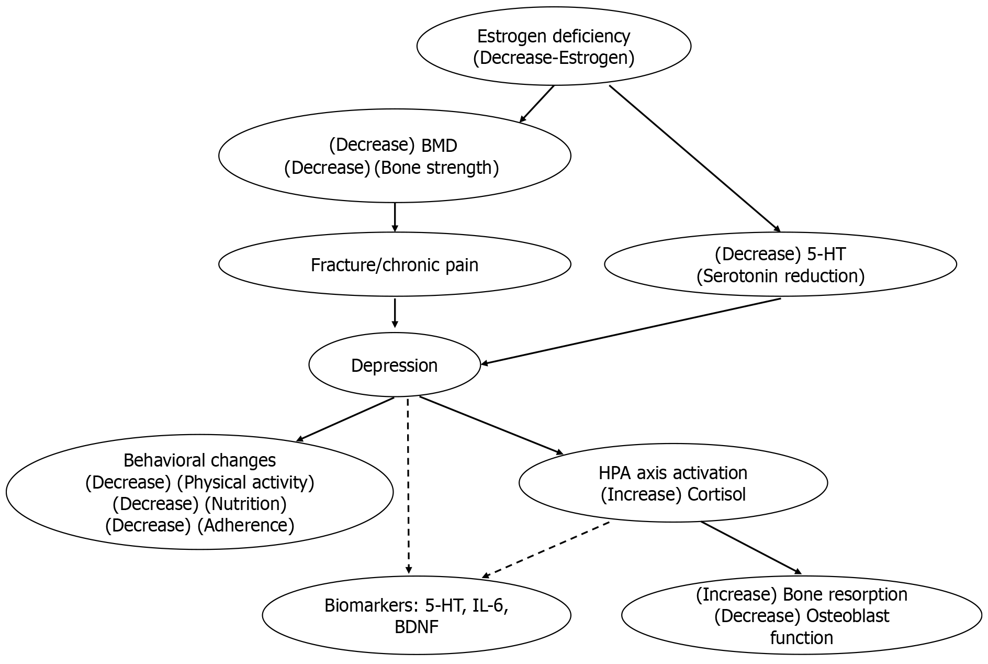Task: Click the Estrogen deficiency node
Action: [x=554, y=46]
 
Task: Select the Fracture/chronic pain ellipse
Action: [x=395, y=264]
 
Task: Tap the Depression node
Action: [x=395, y=365]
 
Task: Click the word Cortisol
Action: [x=717, y=494]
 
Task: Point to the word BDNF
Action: [x=417, y=627]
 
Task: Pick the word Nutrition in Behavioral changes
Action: [x=245, y=504]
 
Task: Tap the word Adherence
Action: [x=246, y=525]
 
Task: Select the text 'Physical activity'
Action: [x=245, y=482]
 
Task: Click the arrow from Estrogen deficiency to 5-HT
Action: [x=695, y=159]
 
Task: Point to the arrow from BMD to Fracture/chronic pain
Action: [x=395, y=217]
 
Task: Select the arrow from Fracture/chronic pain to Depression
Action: [x=395, y=313]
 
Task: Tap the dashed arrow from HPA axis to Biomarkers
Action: [x=546, y=550]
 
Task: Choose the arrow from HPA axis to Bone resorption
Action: [x=751, y=548]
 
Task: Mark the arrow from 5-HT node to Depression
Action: [x=631, y=331]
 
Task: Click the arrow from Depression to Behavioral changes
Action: [x=345, y=419]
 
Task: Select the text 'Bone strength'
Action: [x=437, y=168]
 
